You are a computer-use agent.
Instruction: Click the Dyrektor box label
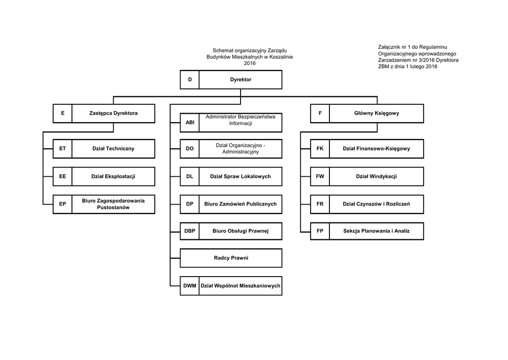pos(241,79)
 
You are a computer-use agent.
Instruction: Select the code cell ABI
pos(190,123)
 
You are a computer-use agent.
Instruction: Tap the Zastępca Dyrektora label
pos(114,113)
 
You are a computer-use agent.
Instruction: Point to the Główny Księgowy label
pos(377,113)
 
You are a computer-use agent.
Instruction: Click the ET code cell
pos(63,148)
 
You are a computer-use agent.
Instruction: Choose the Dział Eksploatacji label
pos(114,176)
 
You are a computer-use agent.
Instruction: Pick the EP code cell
pos(63,204)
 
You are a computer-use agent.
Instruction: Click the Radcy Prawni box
pos(231,258)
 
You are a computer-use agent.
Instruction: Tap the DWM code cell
pos(190,286)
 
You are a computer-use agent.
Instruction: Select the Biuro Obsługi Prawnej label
pos(241,231)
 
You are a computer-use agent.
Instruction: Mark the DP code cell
pos(190,204)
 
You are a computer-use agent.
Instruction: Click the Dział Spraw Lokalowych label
pos(241,176)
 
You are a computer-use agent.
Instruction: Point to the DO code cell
pos(190,148)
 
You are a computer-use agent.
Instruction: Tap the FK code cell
pos(320,148)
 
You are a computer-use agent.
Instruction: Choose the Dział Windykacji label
pos(377,176)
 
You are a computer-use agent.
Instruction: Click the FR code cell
pos(320,204)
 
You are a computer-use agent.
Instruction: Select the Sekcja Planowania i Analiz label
pos(377,231)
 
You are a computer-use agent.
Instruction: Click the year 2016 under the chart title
pos(250,63)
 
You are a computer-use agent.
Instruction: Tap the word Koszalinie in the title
pos(281,57)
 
